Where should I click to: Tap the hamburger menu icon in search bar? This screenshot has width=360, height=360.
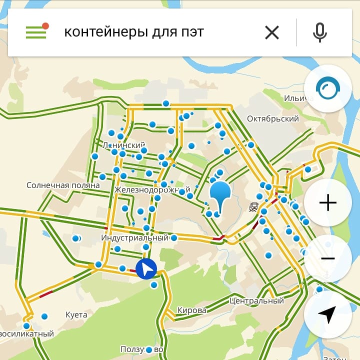(35, 32)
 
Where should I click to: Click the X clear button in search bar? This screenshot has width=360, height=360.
(272, 33)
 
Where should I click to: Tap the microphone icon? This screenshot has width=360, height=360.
(320, 33)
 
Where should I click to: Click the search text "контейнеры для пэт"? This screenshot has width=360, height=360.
(134, 33)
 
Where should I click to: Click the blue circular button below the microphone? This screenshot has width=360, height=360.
(327, 88)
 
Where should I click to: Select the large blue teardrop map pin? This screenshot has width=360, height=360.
(220, 195)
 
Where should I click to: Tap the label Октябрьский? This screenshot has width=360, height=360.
(273, 119)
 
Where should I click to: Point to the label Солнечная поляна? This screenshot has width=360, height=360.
(63, 185)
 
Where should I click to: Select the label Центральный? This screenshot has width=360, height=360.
(257, 301)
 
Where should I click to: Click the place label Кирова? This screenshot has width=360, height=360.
(191, 310)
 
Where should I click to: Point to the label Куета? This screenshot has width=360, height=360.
(76, 315)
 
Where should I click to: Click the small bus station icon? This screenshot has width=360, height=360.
(254, 206)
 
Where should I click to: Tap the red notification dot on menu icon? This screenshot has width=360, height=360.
(45, 25)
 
